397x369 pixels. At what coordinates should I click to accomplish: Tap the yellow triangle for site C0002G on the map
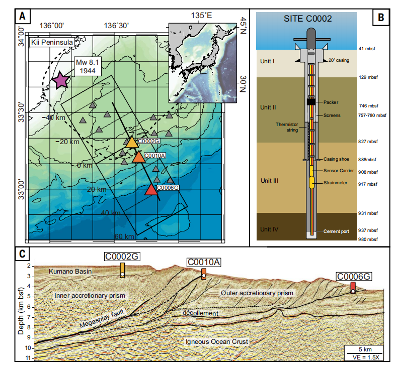[131, 142]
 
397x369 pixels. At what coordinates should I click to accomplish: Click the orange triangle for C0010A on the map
[138, 157]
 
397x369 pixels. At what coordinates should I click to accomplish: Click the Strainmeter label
[336, 183]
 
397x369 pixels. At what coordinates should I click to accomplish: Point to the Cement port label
[337, 231]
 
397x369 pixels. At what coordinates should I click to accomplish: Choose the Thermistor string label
[287, 127]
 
